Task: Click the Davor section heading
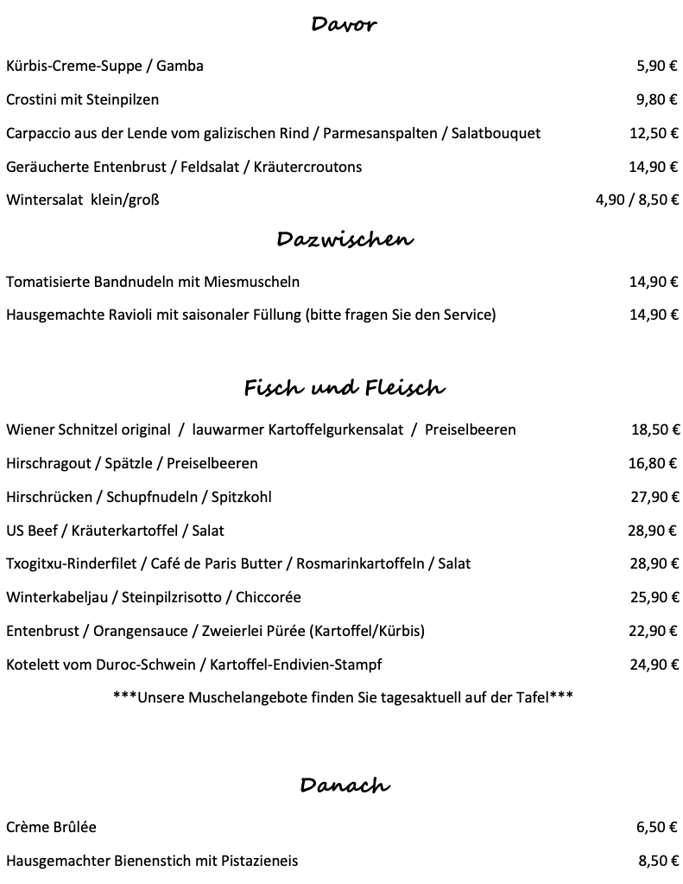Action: point(344,24)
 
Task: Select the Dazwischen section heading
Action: point(345,238)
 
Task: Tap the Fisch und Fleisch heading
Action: point(345,388)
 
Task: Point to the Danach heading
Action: point(345,785)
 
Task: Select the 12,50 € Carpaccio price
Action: point(654,133)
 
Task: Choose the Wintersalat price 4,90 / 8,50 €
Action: point(637,200)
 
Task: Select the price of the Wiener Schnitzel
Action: point(654,429)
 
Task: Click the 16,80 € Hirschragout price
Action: point(654,463)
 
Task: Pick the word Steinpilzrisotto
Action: point(179,597)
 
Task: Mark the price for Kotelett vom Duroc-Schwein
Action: point(654,665)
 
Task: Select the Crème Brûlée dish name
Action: point(51,827)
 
